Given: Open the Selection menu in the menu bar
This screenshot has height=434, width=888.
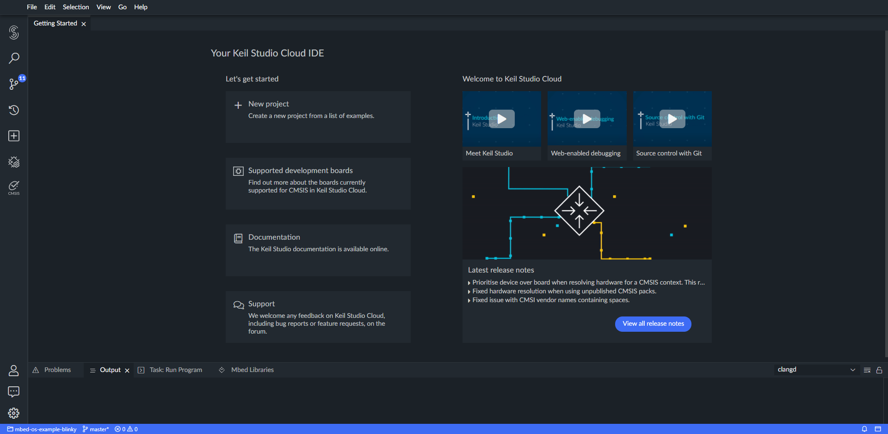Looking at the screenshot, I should coord(76,7).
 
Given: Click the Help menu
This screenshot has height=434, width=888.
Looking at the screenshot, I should coord(141,7).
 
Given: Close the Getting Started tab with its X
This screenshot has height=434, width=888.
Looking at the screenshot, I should coord(84,24).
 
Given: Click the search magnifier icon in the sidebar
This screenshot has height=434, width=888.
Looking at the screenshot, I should coord(14,58).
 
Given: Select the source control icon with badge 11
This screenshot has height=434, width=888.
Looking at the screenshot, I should coord(14,84).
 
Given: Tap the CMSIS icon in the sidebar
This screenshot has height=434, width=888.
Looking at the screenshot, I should coord(14,187).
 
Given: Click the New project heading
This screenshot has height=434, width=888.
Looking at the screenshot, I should coord(268,104).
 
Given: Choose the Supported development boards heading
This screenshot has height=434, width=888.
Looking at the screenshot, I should coord(300,171).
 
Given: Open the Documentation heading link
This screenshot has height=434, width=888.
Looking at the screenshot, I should coord(274,237).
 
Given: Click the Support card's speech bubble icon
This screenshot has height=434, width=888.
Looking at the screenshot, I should coord(238,305).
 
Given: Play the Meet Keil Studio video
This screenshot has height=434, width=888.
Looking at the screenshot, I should coord(501,119).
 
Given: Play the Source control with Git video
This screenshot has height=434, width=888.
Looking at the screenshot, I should coord(672,119).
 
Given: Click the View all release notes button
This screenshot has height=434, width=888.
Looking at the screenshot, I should coord(653,324).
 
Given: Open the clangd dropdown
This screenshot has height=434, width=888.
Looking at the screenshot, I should coord(816,370).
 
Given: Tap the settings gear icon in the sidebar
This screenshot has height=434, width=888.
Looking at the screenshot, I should coord(14,413).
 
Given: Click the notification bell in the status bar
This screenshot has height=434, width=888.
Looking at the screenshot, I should coord(864,429).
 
